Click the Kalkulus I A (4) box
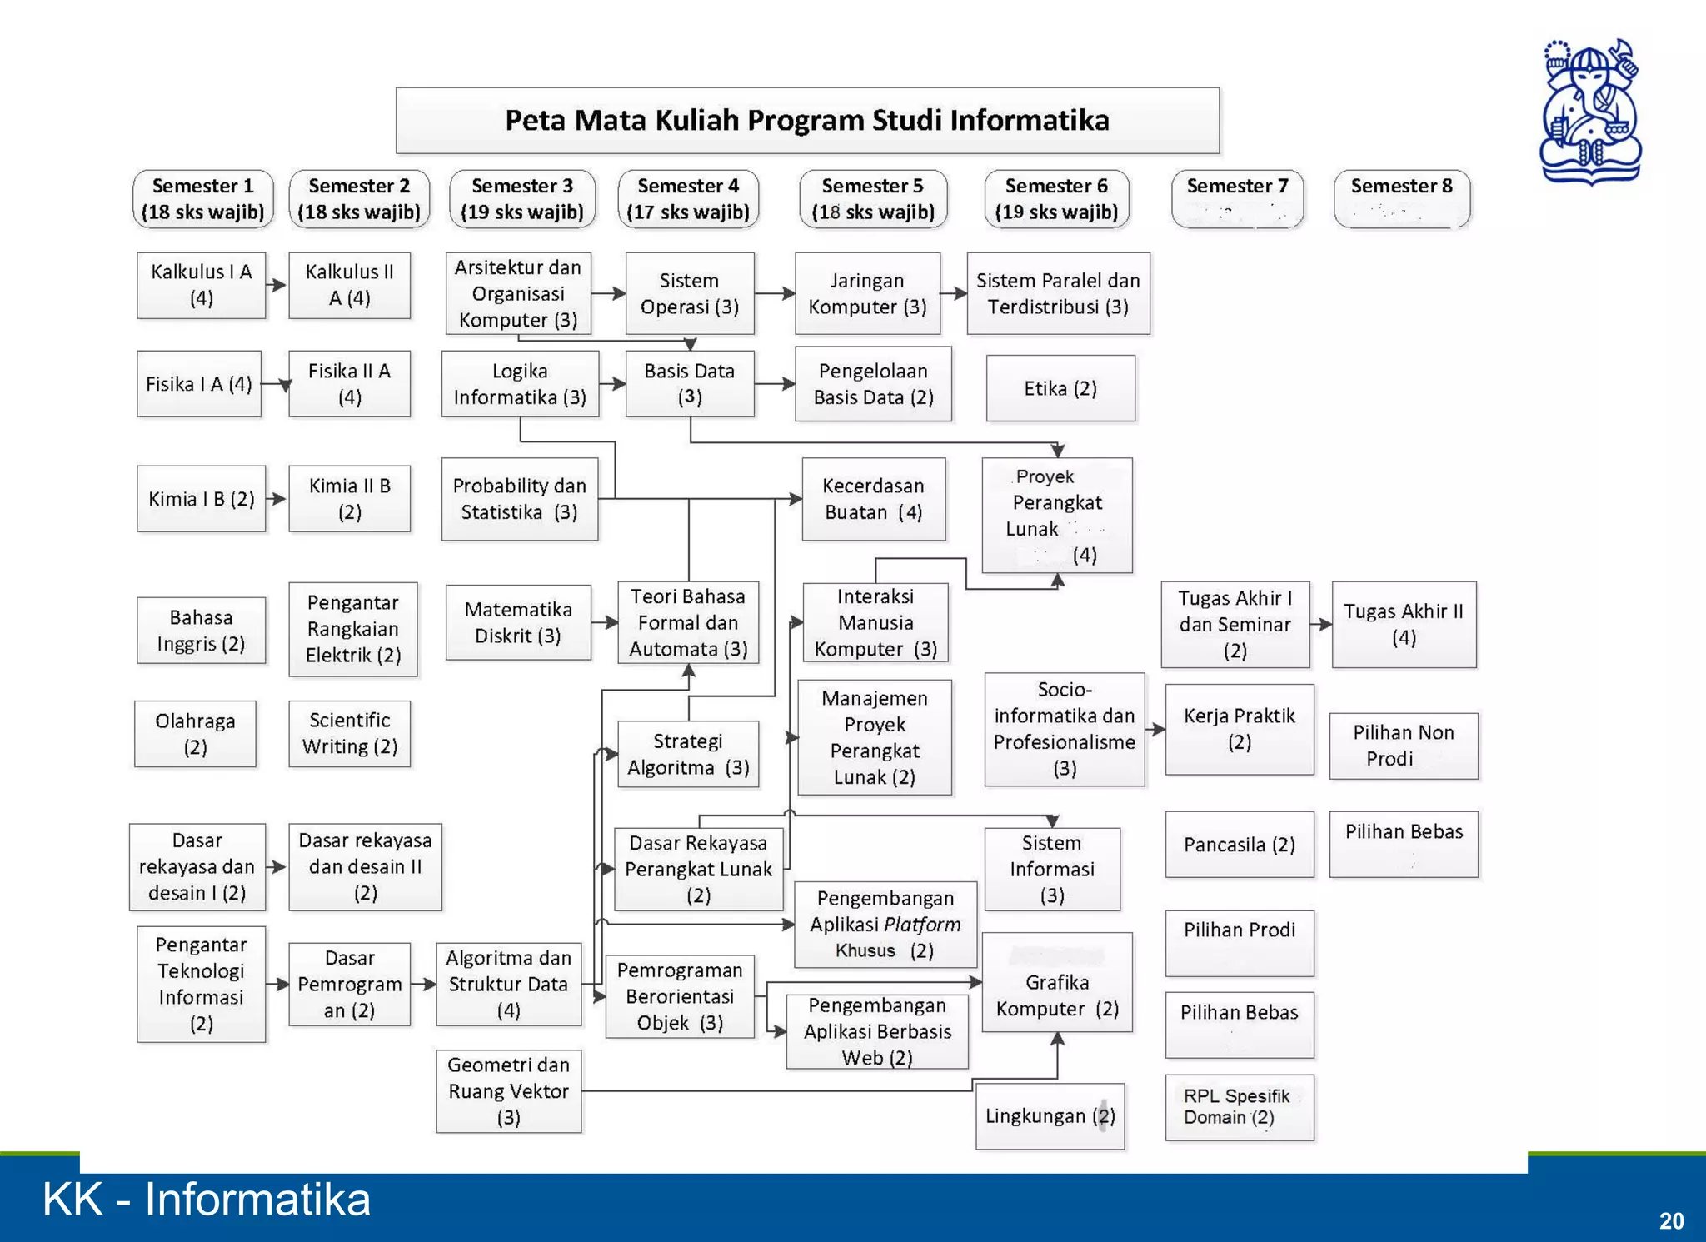[201, 285]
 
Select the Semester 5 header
[872, 199]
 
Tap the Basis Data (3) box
[689, 383]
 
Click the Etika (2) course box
[1060, 388]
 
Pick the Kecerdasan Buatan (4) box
[873, 499]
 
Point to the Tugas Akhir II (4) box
[1404, 624]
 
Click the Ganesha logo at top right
[1589, 112]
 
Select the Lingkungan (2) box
[1050, 1116]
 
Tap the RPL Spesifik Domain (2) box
[1239, 1107]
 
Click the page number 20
[1671, 1220]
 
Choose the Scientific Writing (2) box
[349, 733]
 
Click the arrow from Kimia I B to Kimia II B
[277, 499]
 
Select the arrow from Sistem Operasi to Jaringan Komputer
[775, 293]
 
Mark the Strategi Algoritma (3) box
[688, 754]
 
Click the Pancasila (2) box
[1239, 845]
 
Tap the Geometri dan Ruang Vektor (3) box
[508, 1091]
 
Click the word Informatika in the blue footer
[257, 1200]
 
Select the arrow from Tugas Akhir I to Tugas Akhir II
[1321, 624]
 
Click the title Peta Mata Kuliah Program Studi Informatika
[806, 121]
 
